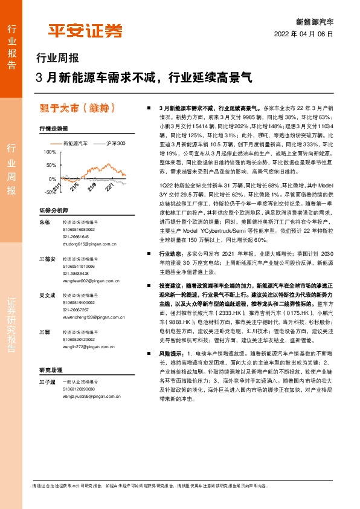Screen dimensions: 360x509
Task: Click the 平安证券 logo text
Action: (x=85, y=30)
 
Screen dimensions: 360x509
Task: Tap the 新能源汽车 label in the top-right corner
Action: (x=319, y=21)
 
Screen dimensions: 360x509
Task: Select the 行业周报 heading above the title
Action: (x=57, y=59)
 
